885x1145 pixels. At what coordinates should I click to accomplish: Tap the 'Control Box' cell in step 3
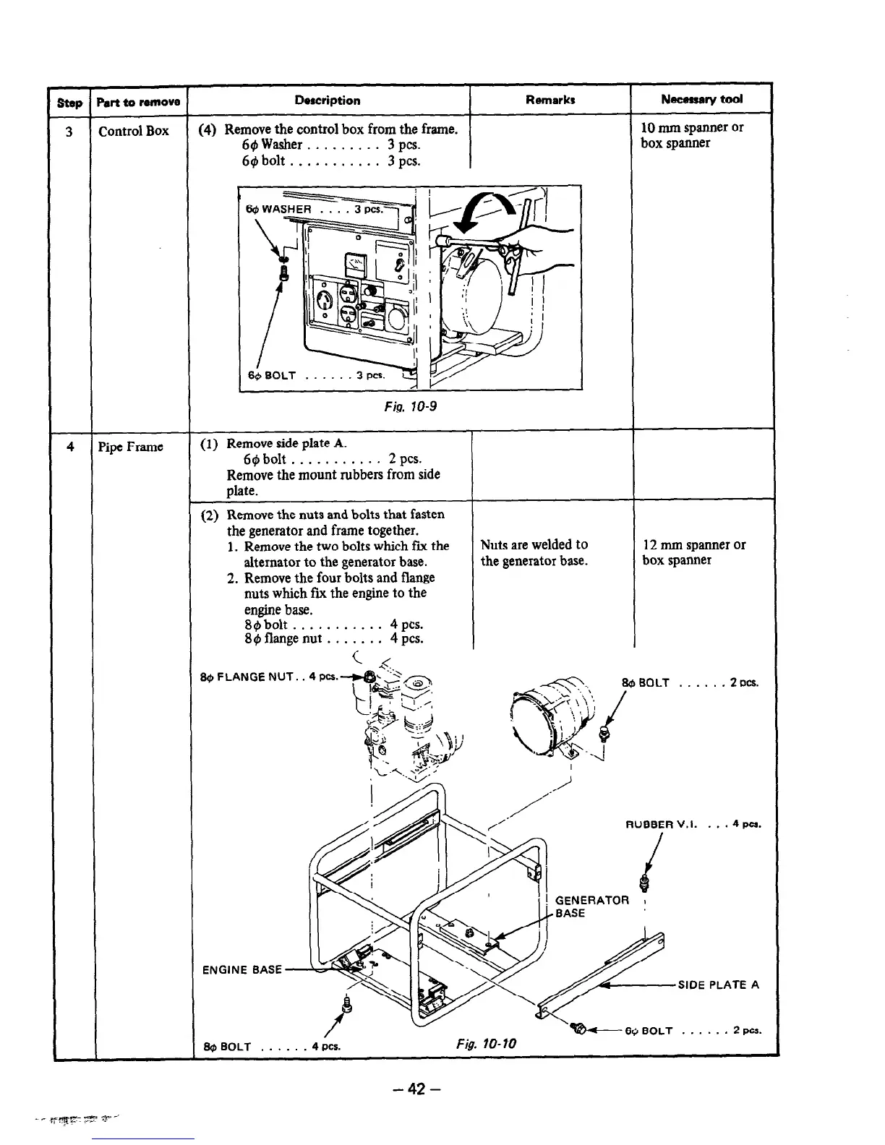134,131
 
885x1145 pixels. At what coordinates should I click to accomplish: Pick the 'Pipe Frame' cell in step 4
131,447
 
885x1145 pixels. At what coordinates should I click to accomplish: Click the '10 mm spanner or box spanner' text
692,135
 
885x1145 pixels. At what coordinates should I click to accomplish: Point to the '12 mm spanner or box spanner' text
694,552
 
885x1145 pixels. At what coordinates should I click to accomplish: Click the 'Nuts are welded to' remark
534,545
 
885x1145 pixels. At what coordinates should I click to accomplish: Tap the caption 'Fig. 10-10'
487,1045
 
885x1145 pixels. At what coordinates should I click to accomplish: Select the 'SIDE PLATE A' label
718,985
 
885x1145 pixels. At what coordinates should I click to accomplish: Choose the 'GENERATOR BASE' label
591,906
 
